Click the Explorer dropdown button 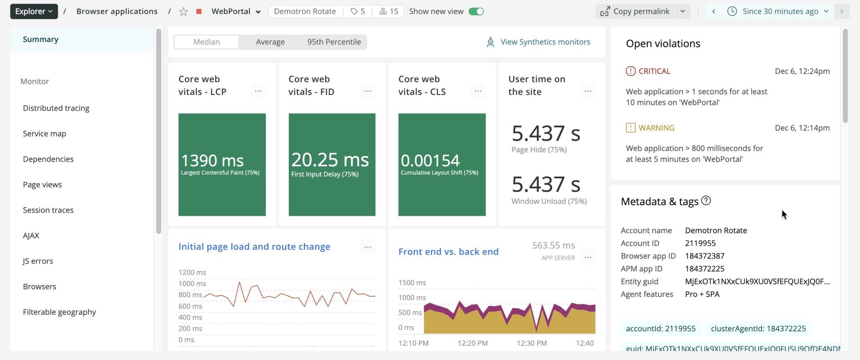(34, 11)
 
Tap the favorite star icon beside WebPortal (183, 12)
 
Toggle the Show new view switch (476, 12)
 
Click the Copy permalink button (635, 12)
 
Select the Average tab (270, 42)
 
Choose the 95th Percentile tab (334, 42)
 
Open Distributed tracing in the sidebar (56, 108)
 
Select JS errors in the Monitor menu (38, 261)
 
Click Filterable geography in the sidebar (59, 312)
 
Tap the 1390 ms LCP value (212, 160)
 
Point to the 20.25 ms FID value (330, 160)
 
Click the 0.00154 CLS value (430, 160)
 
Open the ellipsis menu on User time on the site (588, 91)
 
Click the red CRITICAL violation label (654, 71)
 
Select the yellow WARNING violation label (656, 128)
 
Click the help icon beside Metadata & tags (706, 201)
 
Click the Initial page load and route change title (254, 247)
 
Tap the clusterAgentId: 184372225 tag (758, 329)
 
